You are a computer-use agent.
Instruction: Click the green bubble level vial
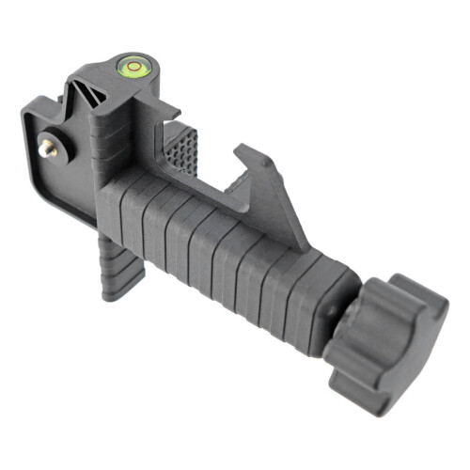128,65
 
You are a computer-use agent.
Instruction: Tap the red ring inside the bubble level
128,65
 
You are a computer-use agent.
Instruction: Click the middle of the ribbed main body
216,244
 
